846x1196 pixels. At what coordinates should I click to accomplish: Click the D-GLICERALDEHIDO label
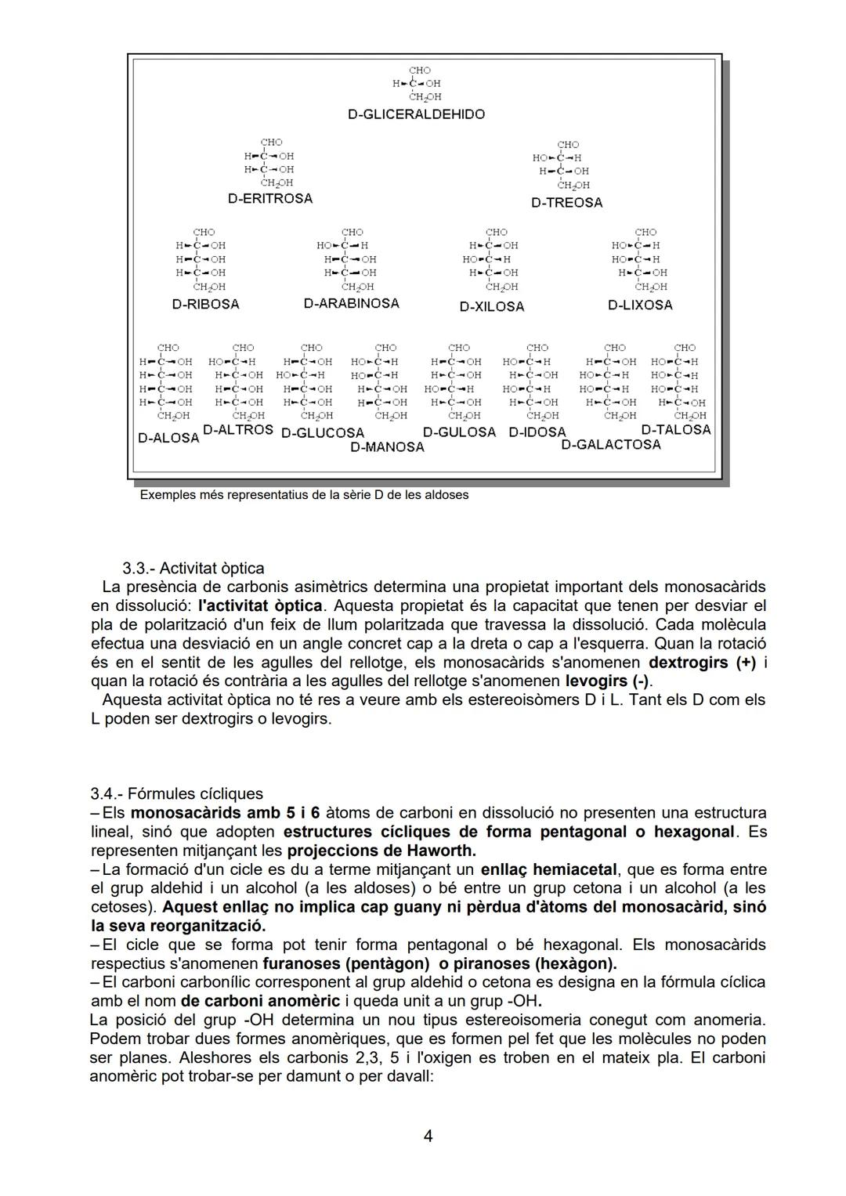coord(416,114)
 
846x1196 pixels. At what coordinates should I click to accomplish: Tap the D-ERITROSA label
coord(270,199)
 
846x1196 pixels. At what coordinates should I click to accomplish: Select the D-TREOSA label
coord(566,203)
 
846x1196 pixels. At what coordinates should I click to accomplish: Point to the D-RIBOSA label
coord(205,304)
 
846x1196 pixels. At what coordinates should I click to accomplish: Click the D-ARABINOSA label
coord(351,303)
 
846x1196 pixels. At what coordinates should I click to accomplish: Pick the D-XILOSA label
coord(491,307)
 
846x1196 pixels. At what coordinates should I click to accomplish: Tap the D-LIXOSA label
coord(640,305)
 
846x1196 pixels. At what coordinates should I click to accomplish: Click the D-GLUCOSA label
coord(323,433)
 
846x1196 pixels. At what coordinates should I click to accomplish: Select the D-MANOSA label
coord(387,447)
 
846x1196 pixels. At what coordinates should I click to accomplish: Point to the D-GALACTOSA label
coord(611,445)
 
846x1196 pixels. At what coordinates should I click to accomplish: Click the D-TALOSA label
coord(675,430)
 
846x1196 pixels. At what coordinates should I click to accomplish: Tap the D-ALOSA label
coord(168,438)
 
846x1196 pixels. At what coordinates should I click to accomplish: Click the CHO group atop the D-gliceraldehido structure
coord(420,70)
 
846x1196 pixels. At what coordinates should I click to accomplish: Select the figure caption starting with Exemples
coord(304,495)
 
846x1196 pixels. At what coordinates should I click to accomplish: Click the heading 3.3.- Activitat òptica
coord(193,569)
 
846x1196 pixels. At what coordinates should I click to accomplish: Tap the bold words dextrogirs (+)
coord(702,663)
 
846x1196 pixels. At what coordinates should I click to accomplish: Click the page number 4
coord(428,1136)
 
